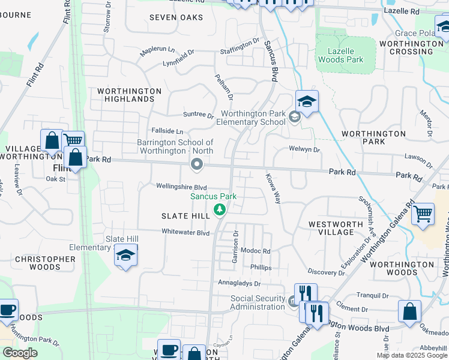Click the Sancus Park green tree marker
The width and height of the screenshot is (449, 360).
coord(220,210)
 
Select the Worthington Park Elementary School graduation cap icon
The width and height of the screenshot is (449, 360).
coord(307,102)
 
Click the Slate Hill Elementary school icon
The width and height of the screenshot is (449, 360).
coord(126,256)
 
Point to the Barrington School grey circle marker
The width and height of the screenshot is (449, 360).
coord(196,164)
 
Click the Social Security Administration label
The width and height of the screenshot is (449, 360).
coord(258,303)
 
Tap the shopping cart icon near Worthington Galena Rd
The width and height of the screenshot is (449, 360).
coord(423,213)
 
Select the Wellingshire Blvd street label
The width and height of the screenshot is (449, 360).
coord(182,187)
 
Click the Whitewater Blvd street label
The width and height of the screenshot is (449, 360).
coord(185,232)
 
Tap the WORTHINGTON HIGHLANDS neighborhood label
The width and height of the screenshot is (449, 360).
coord(130,95)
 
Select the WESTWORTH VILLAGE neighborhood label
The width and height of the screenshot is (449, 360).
coord(336,228)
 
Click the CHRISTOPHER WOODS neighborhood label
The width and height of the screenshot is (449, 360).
coord(45,263)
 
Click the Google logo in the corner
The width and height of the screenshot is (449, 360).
coord(20,353)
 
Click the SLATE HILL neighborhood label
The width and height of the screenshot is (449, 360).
coord(185,215)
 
